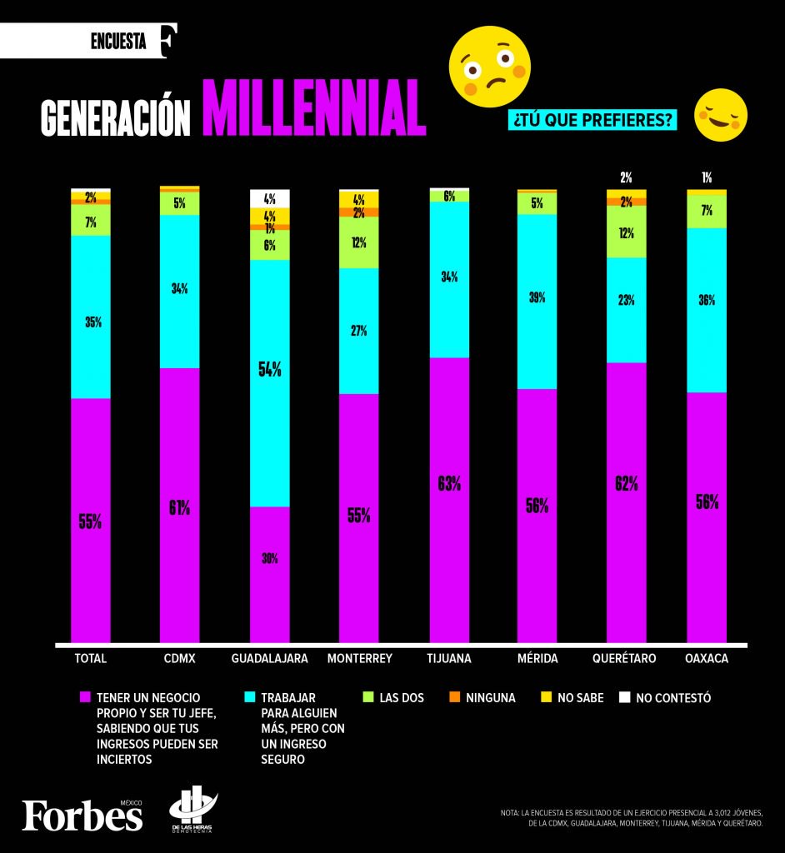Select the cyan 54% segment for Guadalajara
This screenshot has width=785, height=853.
point(269,383)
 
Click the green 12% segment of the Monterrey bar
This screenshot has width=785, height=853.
point(359,242)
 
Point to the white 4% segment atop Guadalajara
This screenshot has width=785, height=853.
point(269,198)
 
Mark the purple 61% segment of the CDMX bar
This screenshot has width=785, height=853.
point(180,506)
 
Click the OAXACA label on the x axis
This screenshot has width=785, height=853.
point(707,658)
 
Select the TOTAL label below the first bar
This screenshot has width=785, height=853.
point(91,658)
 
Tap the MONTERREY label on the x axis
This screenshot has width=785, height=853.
point(359,658)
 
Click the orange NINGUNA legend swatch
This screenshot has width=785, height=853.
point(454,697)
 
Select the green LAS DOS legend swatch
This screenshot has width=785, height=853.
point(367,697)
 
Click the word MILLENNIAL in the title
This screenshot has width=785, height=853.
point(313,108)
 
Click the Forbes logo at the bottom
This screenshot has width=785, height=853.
point(82,815)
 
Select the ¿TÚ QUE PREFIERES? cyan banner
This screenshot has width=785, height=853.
point(592,120)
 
